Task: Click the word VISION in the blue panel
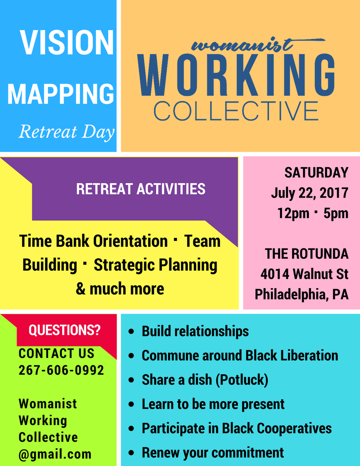(67, 42)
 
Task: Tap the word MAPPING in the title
(60, 94)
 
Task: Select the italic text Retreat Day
(67, 132)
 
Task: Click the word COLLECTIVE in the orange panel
(236, 111)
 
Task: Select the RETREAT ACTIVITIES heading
(141, 189)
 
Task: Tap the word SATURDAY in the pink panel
(316, 173)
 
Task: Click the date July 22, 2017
(310, 193)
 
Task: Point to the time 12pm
(293, 214)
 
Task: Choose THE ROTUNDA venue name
(307, 254)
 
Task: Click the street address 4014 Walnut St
(304, 274)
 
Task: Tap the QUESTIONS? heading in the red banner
(65, 330)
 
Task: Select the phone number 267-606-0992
(61, 370)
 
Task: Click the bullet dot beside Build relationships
(131, 332)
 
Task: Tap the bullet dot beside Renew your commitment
(131, 453)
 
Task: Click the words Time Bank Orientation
(94, 241)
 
